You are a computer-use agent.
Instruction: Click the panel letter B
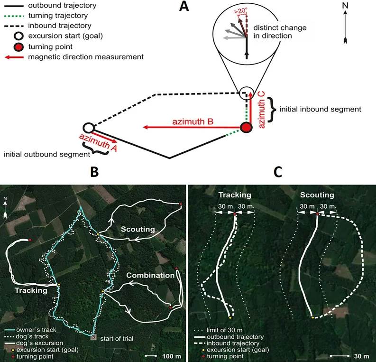94,173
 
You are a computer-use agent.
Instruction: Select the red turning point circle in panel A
246,128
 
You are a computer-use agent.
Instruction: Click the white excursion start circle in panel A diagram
88,128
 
